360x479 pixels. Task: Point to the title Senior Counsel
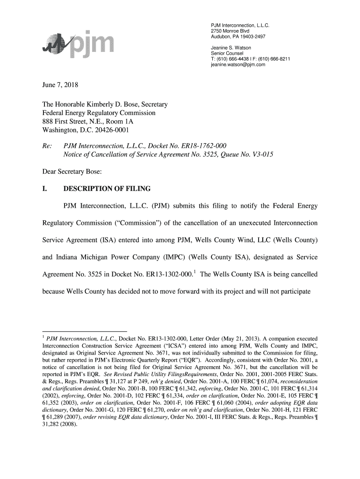pos(227,54)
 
